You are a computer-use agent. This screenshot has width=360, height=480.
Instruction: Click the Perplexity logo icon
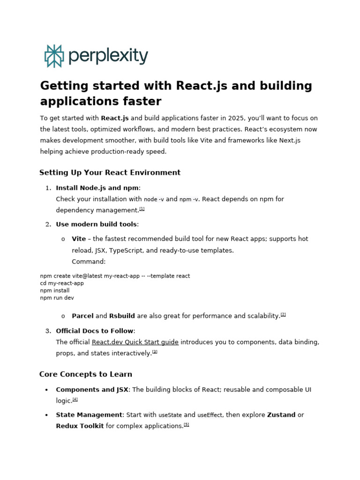[x=54, y=56]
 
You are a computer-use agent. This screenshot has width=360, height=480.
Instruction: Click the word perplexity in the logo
[x=108, y=56]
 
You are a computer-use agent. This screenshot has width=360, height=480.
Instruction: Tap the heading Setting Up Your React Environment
[x=110, y=172]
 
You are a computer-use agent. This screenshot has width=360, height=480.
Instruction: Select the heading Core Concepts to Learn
[x=86, y=374]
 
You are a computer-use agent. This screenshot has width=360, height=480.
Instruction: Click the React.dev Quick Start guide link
[x=135, y=342]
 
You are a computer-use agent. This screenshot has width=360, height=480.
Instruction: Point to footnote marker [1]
[x=142, y=209]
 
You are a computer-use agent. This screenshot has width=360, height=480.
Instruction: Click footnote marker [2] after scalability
[x=283, y=315]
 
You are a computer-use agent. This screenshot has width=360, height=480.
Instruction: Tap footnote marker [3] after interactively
[x=155, y=352]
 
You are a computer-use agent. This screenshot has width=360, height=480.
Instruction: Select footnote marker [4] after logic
[x=75, y=399]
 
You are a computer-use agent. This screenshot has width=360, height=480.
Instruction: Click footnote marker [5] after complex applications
[x=187, y=425]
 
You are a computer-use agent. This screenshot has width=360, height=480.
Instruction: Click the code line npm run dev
[x=57, y=298]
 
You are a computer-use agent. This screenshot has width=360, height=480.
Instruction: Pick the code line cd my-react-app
[x=62, y=283]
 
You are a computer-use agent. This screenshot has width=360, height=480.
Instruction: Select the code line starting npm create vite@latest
[x=115, y=276]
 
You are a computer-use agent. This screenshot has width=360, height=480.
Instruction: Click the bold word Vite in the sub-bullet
[x=79, y=239]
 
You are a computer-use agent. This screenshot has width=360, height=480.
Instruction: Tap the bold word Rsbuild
[x=122, y=316]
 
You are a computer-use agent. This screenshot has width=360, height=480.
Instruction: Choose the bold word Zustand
[x=281, y=415]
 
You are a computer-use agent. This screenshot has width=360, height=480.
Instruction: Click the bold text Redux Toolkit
[x=80, y=426]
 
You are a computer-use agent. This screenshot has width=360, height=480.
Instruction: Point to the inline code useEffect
[x=210, y=415]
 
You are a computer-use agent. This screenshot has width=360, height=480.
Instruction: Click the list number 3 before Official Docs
[x=48, y=331]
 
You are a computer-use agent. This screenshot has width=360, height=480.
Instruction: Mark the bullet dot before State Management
[x=46, y=415]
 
